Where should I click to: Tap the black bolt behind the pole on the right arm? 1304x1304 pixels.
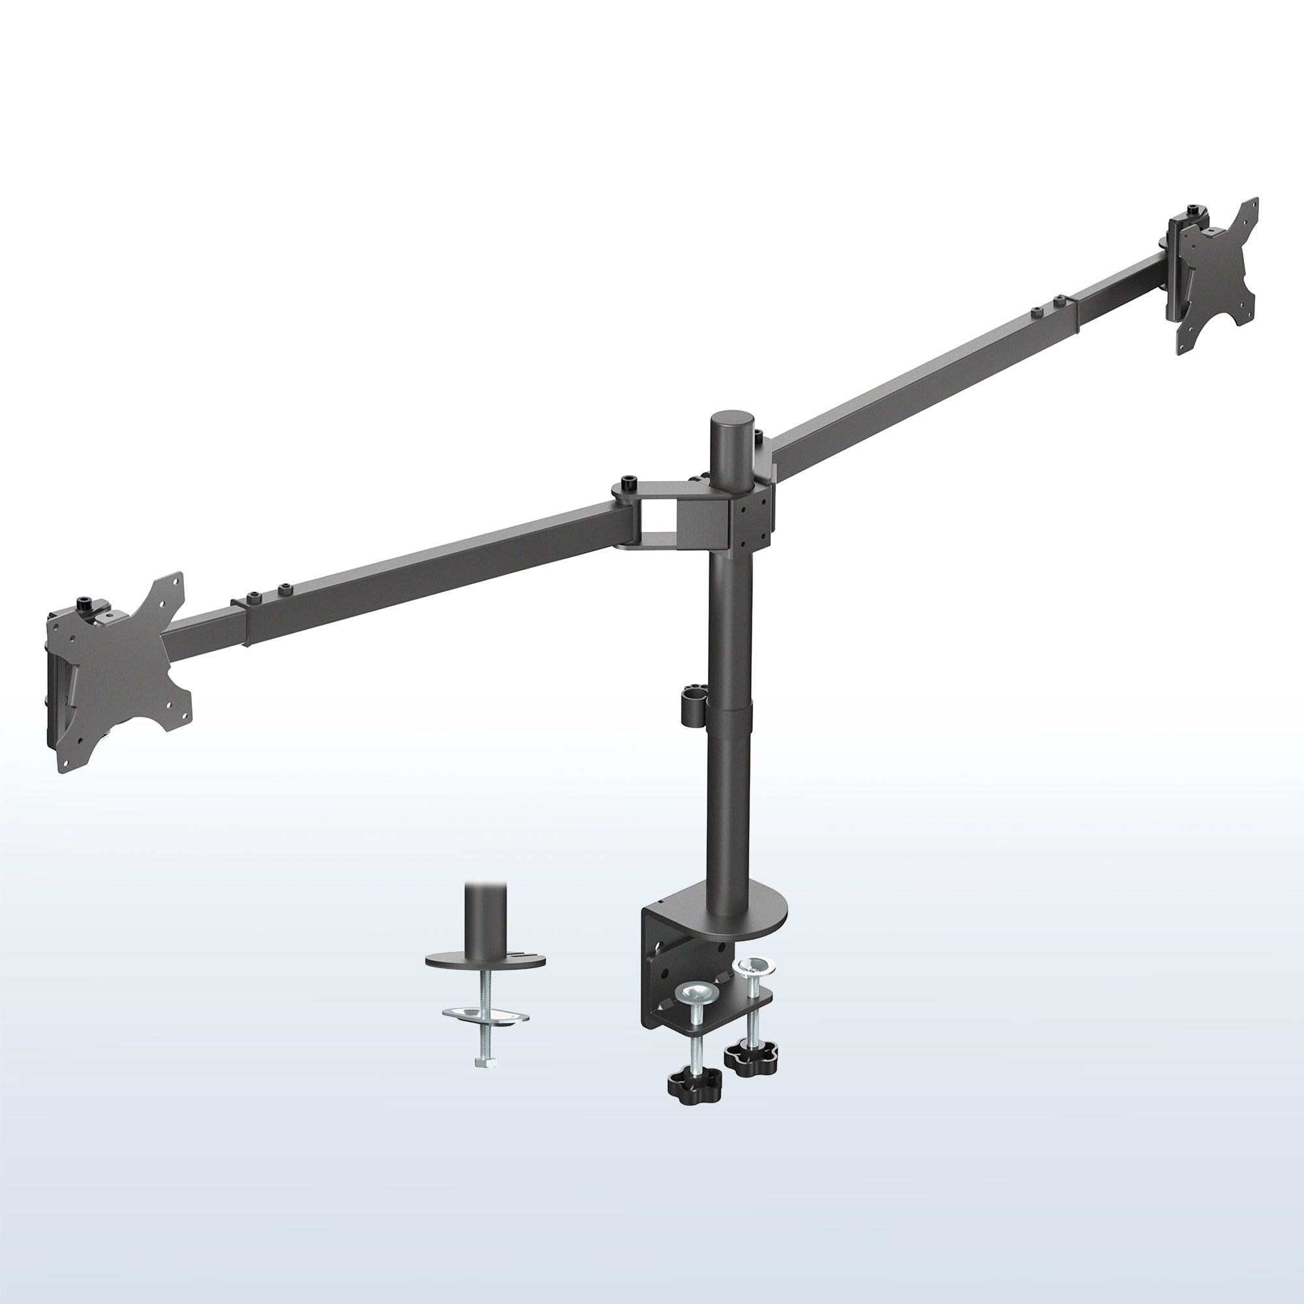click(759, 435)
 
